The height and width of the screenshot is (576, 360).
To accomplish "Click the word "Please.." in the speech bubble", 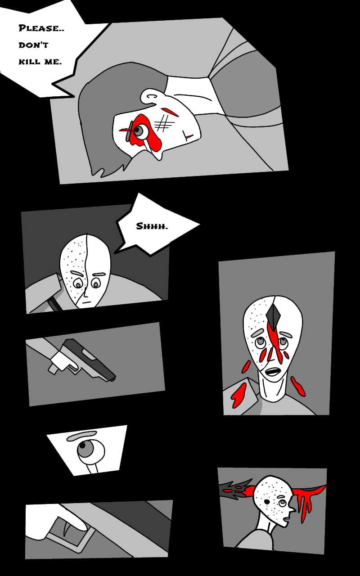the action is click(41, 28).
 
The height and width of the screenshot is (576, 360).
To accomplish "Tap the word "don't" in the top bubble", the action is click(33, 45).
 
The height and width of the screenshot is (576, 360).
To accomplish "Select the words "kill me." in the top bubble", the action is click(40, 62).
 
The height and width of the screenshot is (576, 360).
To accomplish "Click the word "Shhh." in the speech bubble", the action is click(152, 226).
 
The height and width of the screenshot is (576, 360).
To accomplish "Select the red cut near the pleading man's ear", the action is click(169, 112).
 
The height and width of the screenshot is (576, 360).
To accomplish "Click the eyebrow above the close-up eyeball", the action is click(81, 435).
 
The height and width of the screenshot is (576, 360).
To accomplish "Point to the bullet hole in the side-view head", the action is click(267, 502).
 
